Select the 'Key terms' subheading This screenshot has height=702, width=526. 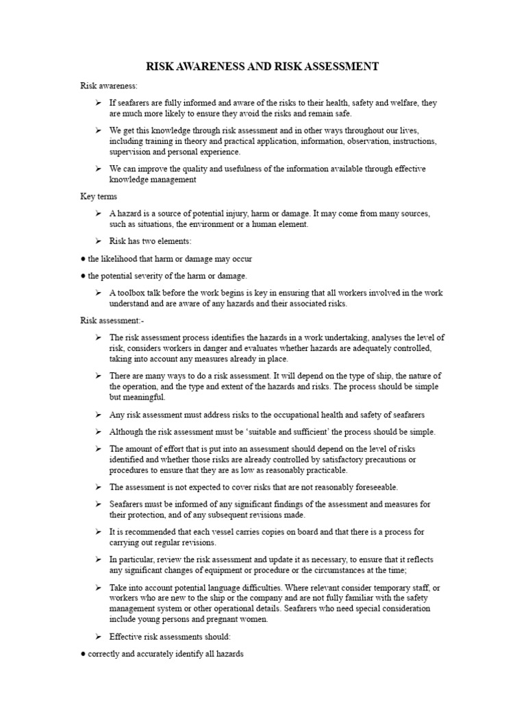click(99, 197)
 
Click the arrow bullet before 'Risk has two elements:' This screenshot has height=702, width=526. click(99, 241)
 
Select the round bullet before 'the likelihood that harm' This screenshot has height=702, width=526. click(83, 259)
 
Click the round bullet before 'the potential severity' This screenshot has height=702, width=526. click(83, 276)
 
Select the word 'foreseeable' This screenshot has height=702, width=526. click(373, 487)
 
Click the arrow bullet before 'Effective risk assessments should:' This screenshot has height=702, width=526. click(99, 637)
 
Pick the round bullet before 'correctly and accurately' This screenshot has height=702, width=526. click(83, 655)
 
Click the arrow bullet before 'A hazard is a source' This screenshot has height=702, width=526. click(99, 214)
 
